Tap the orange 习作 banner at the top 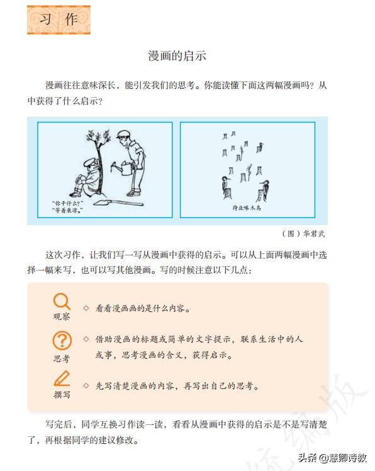coord(59,20)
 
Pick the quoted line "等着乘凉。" coord(68,211)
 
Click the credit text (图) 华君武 coord(306,233)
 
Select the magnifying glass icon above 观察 coord(61,301)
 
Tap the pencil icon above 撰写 coord(61,378)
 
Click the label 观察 coord(61,317)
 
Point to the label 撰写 coord(61,394)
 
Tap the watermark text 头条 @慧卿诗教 coord(332,458)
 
